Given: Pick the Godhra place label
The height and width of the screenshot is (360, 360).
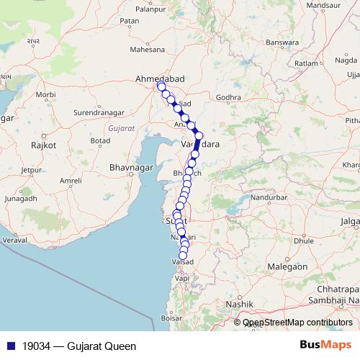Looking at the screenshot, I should pos(228,97).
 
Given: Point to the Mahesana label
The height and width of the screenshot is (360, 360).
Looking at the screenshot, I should pos(148,50).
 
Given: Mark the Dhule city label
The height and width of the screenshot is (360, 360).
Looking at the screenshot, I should pos(304,240).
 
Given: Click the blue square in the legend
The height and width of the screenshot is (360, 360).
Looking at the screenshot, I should pos(6,346).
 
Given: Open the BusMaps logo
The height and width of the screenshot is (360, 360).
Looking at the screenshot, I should pos(325,346).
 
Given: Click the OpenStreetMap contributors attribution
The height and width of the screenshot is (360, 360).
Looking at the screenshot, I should pos(297,323).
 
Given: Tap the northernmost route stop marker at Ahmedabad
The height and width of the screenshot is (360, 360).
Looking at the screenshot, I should pos(161,86).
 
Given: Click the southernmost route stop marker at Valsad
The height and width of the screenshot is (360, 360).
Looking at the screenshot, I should pos(183,255).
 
